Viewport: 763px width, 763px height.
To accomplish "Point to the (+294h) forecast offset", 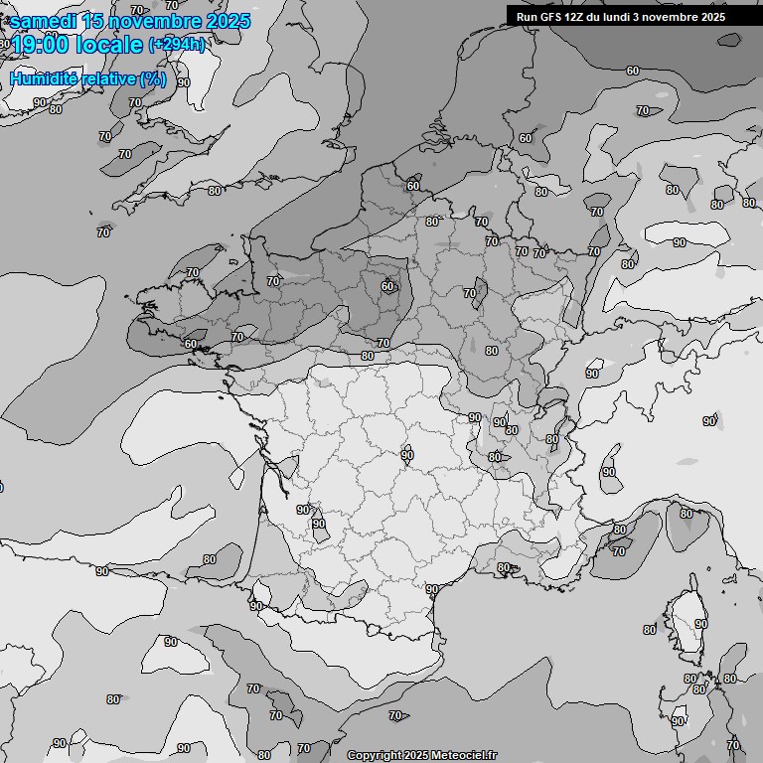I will coord(176,45).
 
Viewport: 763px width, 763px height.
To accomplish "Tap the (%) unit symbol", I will coord(153,78).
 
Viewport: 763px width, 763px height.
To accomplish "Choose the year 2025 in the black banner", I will coord(709,17).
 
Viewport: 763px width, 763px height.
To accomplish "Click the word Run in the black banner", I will coord(528,17).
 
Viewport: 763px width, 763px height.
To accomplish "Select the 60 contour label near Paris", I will coord(387,287).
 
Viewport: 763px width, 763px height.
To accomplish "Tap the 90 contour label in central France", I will coord(407,455).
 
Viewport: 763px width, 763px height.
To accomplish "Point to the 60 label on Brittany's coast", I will coord(191,344).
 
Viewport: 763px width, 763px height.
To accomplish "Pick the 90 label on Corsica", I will coord(701,624).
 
